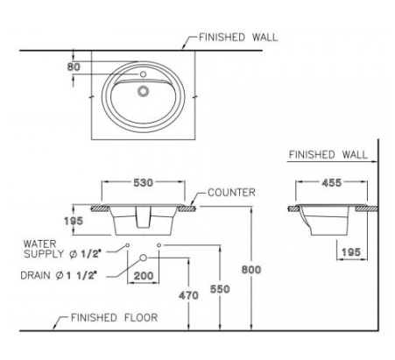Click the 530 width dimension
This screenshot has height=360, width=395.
144,182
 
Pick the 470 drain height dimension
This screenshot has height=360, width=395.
188,296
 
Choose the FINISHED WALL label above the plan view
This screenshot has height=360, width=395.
237,39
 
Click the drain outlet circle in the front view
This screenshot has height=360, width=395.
144,258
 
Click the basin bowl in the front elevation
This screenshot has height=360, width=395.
144,220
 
